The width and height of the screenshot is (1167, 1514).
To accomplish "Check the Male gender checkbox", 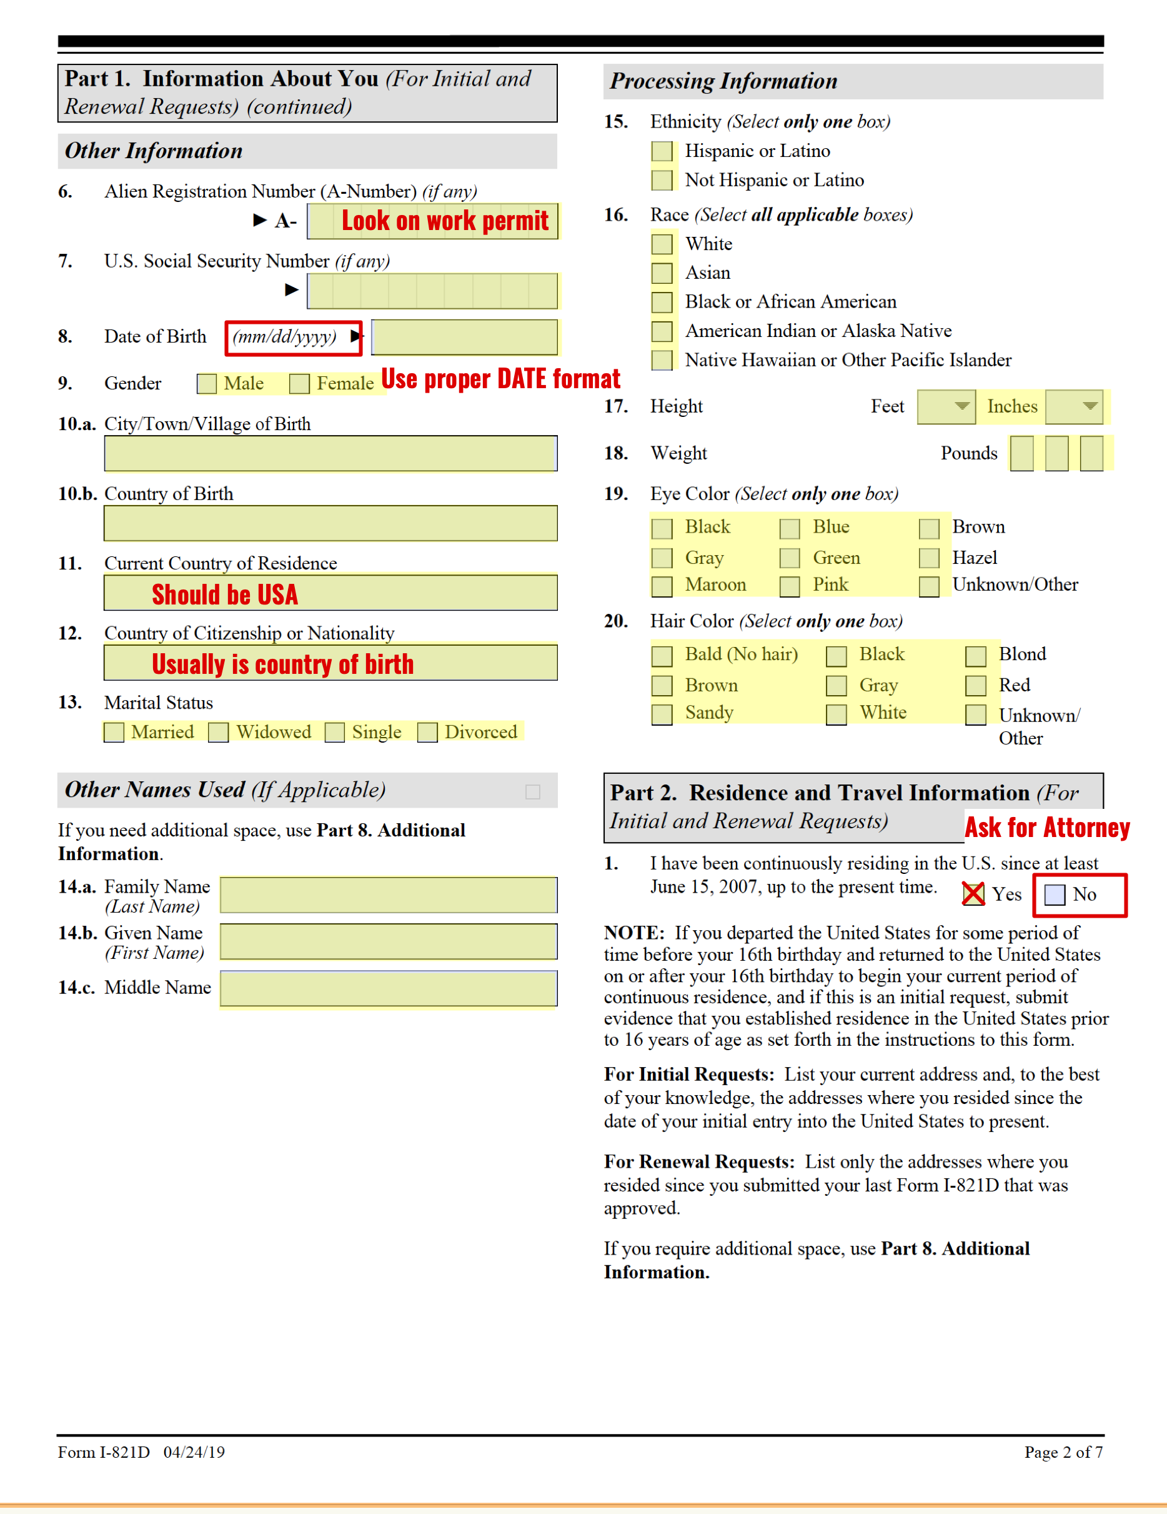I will click(x=207, y=384).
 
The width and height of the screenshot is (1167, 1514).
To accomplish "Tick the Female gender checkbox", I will click(x=299, y=384).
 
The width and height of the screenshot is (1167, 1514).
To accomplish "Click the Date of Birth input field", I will click(x=464, y=338).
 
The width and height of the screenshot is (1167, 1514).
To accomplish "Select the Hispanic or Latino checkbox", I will click(x=662, y=151).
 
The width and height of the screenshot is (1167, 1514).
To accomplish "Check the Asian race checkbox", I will click(x=662, y=273).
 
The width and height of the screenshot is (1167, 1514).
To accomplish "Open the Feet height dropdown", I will click(x=946, y=407).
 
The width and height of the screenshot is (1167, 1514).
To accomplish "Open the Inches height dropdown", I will click(x=1074, y=407).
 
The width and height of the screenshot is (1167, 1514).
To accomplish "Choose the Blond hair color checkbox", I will click(x=976, y=655).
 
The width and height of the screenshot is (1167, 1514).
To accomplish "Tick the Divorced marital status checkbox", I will click(x=427, y=733).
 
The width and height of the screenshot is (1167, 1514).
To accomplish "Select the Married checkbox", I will click(x=114, y=733).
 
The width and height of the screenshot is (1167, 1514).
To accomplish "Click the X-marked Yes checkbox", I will click(x=973, y=895).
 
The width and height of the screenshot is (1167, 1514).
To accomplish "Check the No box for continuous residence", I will click(x=1054, y=895).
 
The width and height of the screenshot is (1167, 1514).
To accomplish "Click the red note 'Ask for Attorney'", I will click(x=1046, y=828).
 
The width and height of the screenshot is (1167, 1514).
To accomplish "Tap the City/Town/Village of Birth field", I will click(x=330, y=454).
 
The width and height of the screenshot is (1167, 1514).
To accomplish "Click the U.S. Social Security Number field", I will click(x=432, y=291).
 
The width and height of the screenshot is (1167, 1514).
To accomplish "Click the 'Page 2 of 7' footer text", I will click(x=1063, y=1452).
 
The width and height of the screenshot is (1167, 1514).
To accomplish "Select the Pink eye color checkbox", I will click(x=789, y=586).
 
